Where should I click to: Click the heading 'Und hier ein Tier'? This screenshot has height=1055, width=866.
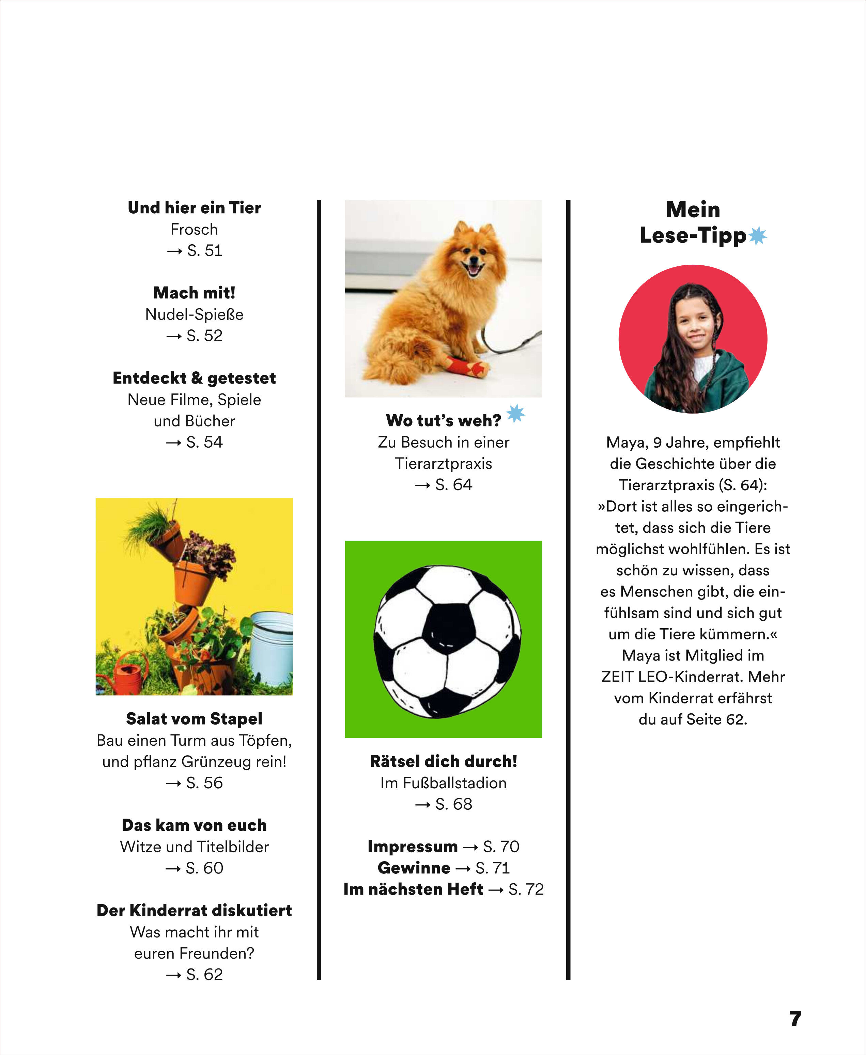click(194, 207)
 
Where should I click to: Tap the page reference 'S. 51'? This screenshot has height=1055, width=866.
click(204, 250)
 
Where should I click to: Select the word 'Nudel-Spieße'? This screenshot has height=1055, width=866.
click(194, 314)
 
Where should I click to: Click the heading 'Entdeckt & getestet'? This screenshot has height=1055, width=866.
click(194, 378)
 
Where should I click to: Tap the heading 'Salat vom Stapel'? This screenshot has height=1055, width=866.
click(194, 719)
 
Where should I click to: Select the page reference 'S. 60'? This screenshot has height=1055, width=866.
click(204, 868)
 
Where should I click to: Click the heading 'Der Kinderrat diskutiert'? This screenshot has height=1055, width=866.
click(194, 910)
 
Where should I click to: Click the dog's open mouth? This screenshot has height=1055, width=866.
click(473, 270)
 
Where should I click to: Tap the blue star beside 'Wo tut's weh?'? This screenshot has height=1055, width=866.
click(515, 413)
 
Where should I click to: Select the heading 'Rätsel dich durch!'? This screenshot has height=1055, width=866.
click(444, 761)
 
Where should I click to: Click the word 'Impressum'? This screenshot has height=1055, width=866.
click(413, 847)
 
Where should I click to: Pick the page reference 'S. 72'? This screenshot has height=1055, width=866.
click(526, 889)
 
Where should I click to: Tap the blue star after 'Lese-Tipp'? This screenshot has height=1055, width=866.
click(758, 236)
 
